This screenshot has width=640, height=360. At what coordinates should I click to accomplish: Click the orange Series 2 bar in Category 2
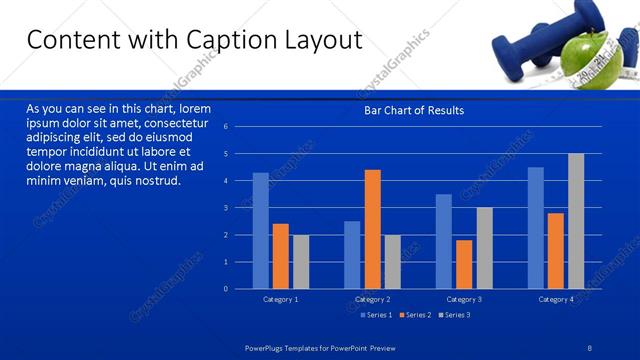coord(372,229)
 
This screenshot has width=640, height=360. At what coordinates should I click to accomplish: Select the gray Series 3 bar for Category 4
coord(576,221)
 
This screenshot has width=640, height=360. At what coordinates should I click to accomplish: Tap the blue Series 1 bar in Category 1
coord(260,230)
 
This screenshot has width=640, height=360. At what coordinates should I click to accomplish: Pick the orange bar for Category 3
coord(464,264)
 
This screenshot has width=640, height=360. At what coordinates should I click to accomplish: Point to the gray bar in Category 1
coord(300,261)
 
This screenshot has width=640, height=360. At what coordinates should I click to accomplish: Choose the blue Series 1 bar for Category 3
coord(444,241)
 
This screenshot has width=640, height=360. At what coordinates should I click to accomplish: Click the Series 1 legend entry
coord(375,315)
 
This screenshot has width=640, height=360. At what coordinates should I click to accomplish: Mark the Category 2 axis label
coord(373,299)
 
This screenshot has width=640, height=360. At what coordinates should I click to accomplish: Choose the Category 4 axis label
coord(557,299)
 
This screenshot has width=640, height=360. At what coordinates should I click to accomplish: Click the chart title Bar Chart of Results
coord(414,110)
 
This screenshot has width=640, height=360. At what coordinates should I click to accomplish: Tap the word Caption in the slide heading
coord(223,40)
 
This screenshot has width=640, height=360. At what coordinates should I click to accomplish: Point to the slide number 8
coord(590,347)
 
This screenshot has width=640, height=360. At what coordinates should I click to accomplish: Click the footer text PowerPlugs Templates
coord(284,347)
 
